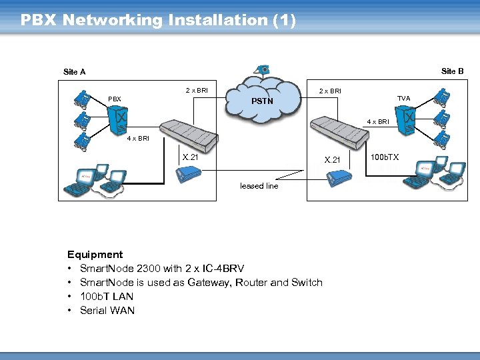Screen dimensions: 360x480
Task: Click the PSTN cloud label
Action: tap(262, 101)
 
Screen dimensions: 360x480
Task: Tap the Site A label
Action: tap(74, 72)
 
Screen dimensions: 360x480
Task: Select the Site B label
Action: tap(452, 71)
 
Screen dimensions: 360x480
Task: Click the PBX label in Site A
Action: tap(115, 99)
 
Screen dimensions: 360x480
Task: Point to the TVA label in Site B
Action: tap(403, 99)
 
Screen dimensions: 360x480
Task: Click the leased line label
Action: tap(259, 186)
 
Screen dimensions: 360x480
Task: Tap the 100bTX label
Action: tap(385, 157)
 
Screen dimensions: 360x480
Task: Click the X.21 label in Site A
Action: tap(190, 157)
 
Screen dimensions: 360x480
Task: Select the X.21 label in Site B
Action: tap(332, 160)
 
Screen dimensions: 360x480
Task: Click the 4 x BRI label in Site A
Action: tap(138, 139)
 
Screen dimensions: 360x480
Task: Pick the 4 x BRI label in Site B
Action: tap(377, 122)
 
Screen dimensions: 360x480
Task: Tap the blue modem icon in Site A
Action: tap(187, 175)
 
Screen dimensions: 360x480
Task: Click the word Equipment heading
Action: tap(95, 255)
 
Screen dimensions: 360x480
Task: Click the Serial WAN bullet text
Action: tap(107, 311)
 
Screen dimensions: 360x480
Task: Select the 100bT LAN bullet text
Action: tap(106, 297)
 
